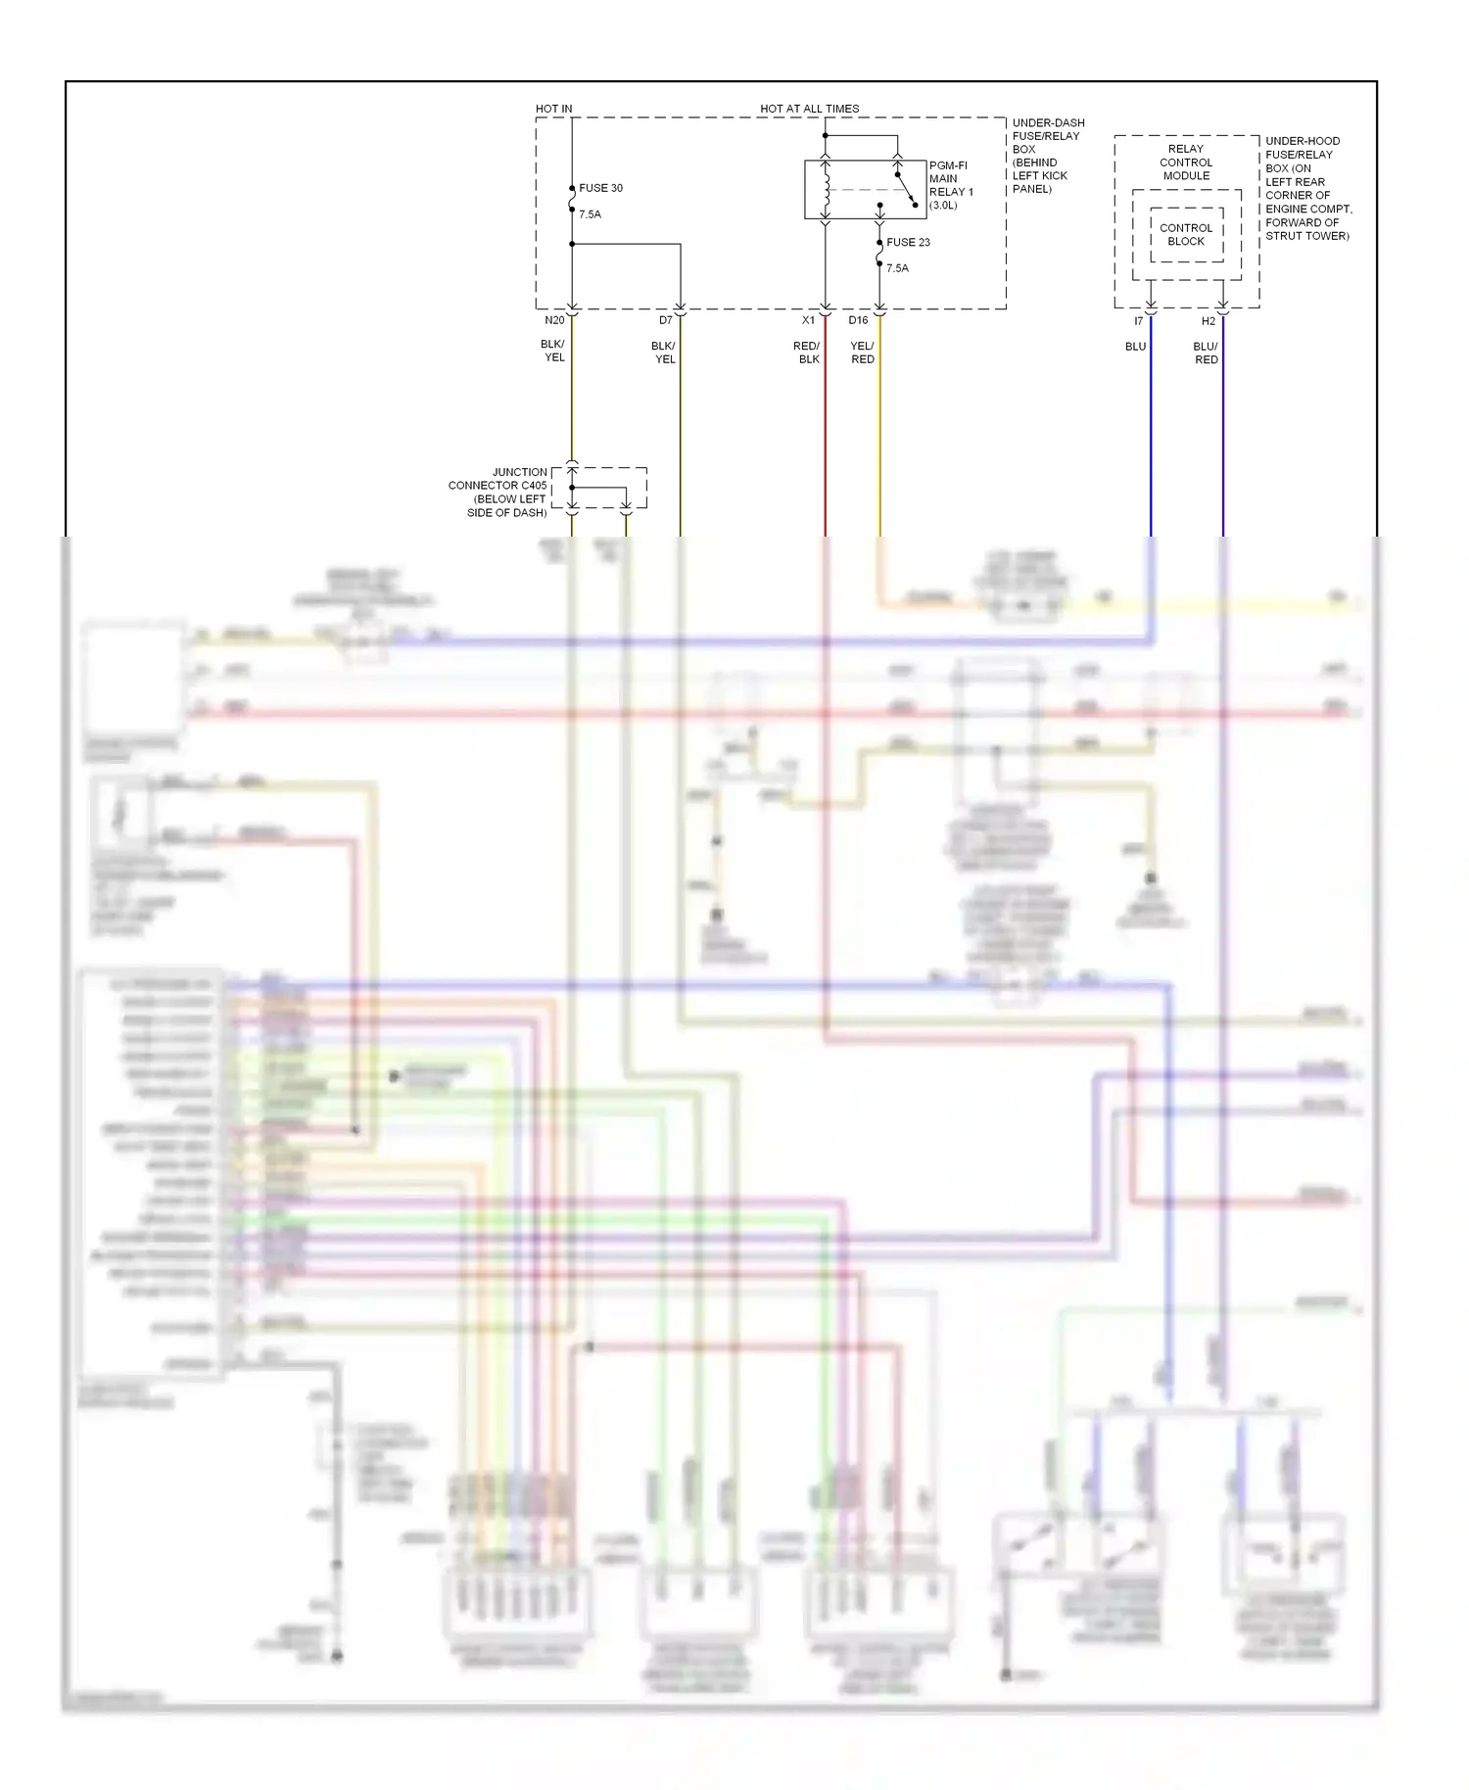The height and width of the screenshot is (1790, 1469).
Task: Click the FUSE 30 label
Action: pos(600,188)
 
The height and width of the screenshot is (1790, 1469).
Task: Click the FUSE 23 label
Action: pos(908,242)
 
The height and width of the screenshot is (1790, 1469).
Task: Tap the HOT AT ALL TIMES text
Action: pos(809,109)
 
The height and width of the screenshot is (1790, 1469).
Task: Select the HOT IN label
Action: pos(553,109)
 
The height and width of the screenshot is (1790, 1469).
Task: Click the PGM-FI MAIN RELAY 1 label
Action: pos(950,185)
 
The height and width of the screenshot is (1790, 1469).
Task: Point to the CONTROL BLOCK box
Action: pos(1186,235)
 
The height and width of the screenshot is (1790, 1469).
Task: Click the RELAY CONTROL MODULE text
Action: pos(1186,163)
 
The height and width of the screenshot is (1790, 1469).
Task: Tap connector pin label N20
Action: pos(554,320)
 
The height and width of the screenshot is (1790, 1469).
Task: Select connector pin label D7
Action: pos(665,320)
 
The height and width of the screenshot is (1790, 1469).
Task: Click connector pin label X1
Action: pos(808,320)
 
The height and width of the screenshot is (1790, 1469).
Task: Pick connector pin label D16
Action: pos(858,320)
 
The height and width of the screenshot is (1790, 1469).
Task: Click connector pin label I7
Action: pos(1138,321)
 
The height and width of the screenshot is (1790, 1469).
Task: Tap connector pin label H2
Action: pos(1208,321)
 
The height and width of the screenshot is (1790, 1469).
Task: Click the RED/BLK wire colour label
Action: pos(807,353)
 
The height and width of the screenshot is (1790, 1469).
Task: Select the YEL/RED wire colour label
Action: pos(862,353)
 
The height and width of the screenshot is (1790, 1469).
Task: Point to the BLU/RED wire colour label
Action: pos(1206,353)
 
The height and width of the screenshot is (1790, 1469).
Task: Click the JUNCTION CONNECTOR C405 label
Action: pos(499,492)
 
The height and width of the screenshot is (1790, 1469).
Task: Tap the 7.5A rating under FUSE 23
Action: pos(897,268)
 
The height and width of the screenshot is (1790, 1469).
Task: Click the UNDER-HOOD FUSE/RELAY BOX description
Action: pos(1307,188)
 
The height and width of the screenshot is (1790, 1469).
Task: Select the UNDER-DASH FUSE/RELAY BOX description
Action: pos(1047,156)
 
